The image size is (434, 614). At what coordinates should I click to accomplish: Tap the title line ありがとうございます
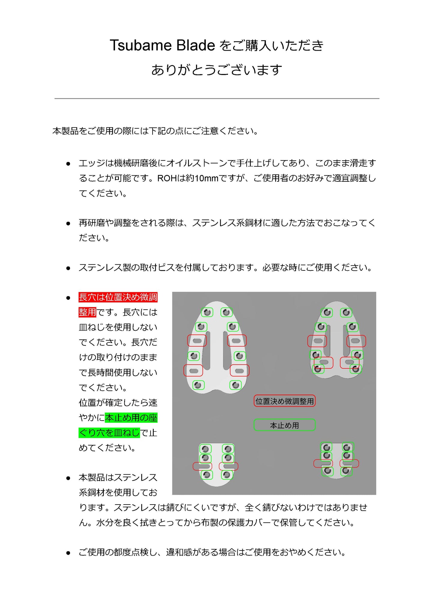point(217,70)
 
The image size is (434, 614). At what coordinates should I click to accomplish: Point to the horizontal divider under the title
point(217,98)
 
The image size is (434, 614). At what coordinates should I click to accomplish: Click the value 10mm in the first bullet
point(206,178)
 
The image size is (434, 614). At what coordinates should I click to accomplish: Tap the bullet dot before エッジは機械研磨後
point(68,164)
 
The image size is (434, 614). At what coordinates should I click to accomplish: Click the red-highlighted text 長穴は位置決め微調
point(118,297)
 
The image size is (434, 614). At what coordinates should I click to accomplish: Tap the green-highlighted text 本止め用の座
point(131,418)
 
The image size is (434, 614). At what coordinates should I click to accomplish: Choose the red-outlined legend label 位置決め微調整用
point(284,401)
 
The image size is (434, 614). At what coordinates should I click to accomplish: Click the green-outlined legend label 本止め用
point(284,425)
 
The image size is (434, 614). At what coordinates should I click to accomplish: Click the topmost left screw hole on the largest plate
point(207,312)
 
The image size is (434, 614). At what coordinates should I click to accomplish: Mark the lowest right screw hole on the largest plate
point(235,385)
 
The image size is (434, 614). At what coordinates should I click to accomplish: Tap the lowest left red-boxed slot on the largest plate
point(193,371)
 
